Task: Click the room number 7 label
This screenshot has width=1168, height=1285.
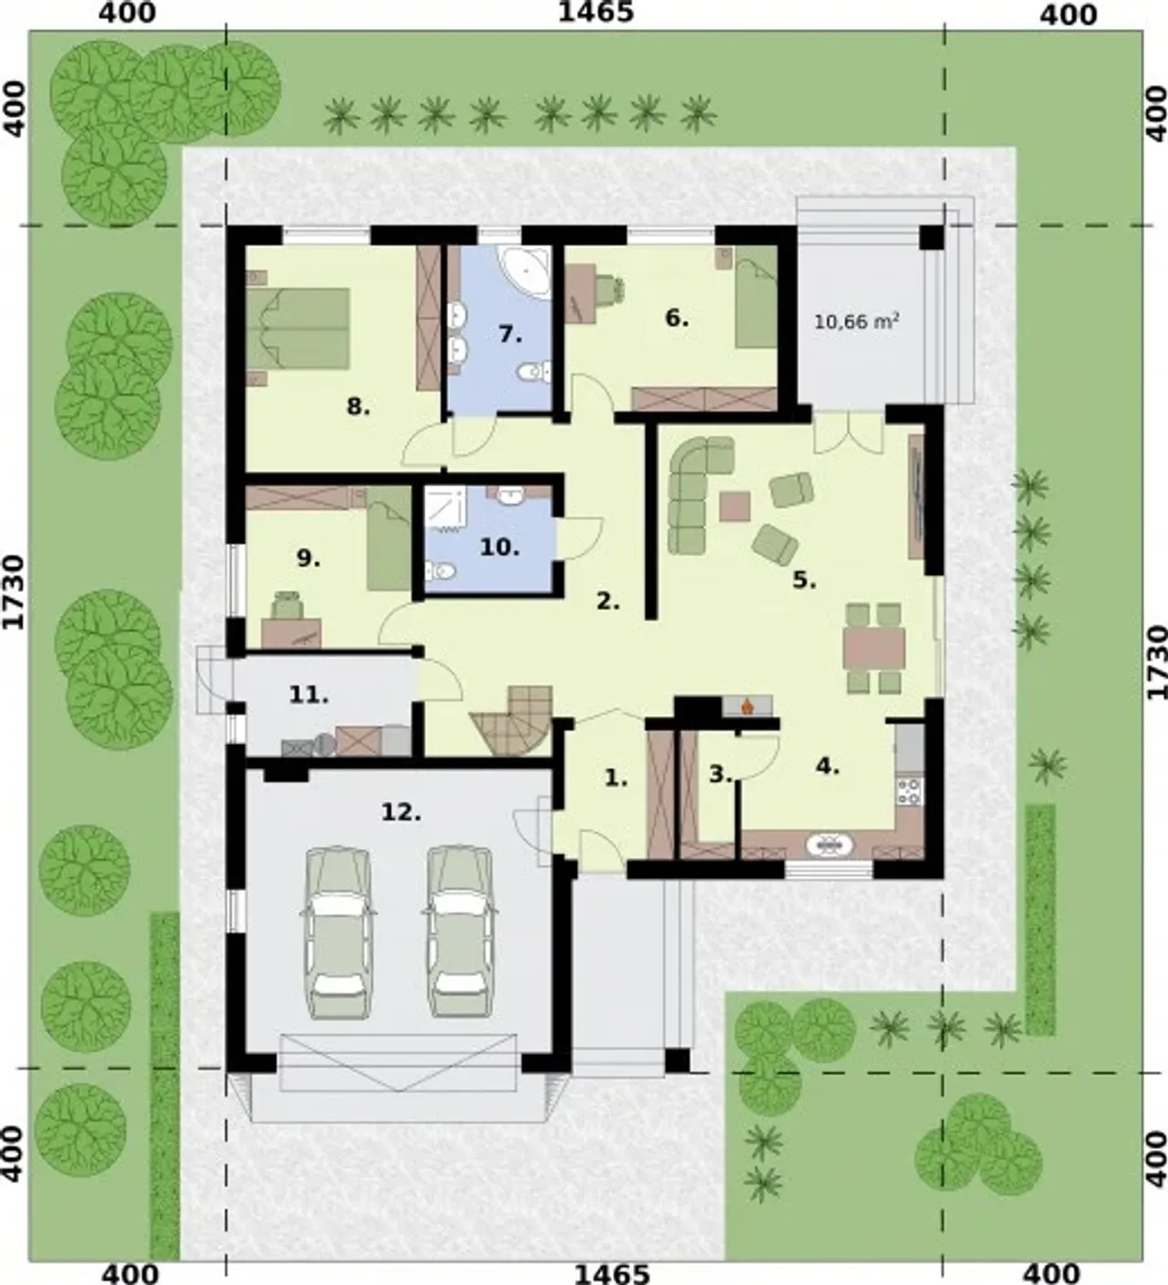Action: [x=511, y=334]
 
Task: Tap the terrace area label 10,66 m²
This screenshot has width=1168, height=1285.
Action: [x=856, y=321]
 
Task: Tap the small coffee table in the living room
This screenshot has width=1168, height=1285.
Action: [x=735, y=507]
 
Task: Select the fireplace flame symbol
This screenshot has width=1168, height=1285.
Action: [x=747, y=706]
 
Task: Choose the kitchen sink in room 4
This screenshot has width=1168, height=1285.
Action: [x=829, y=845]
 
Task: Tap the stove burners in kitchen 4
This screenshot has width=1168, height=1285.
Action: [x=909, y=791]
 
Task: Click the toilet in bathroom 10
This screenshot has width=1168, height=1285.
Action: [x=440, y=569]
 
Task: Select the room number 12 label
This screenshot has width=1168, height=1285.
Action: [x=401, y=813]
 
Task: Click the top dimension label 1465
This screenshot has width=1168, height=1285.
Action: [x=596, y=12]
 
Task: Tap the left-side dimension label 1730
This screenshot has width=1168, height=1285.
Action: [x=14, y=592]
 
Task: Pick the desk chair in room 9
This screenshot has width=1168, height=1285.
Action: [x=287, y=605]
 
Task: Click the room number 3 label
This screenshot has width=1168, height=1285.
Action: [x=720, y=775]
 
